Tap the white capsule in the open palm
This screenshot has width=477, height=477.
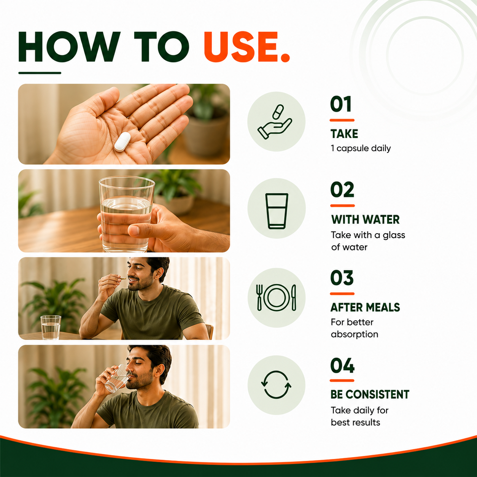click(122, 142)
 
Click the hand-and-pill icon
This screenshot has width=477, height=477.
click(275, 122)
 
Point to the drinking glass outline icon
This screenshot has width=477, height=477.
click(277, 211)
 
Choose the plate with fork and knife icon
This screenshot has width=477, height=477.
click(276, 297)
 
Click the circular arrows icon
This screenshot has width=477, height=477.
click(276, 385)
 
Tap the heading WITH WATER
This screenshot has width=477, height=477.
click(366, 219)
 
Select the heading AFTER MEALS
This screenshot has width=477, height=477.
click(366, 307)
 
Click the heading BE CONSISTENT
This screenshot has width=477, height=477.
click(370, 394)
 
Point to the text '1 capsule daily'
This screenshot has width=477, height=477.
click(361, 148)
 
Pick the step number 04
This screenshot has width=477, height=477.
click(342, 365)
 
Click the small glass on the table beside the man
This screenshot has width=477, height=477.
click(51, 327)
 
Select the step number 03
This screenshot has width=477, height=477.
click(342, 278)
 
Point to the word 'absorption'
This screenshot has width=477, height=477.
click(355, 334)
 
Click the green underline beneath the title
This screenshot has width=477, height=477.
click(40, 73)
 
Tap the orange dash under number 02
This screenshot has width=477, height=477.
click(342, 206)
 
